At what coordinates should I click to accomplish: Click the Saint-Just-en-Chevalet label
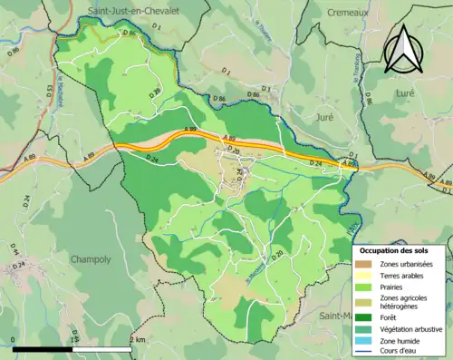pyautogui.click(x=132, y=10)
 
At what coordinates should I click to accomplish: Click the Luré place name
pyautogui.click(x=403, y=92)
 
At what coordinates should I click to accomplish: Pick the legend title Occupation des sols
pyautogui.click(x=400, y=249)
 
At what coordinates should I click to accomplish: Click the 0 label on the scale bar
pyautogui.click(x=15, y=338)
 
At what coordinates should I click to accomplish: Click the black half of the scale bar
pyautogui.click(x=44, y=347)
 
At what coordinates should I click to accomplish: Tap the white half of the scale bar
pyautogui.click(x=104, y=347)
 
